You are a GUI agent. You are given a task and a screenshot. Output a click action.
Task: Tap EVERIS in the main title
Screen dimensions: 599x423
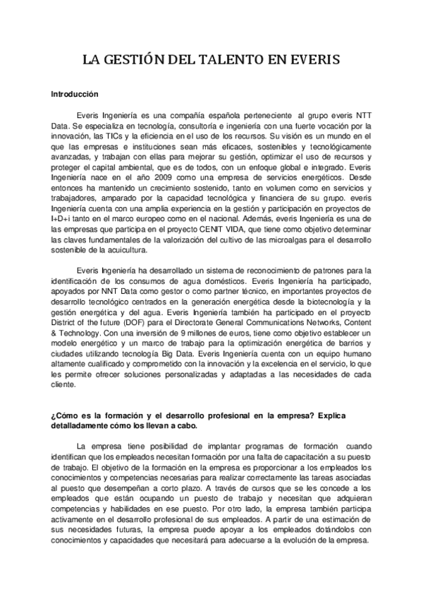[x=316, y=61]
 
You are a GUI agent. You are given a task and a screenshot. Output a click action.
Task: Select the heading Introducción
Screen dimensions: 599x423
[x=75, y=93]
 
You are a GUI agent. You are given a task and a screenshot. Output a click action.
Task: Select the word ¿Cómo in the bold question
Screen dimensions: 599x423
[x=65, y=415]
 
